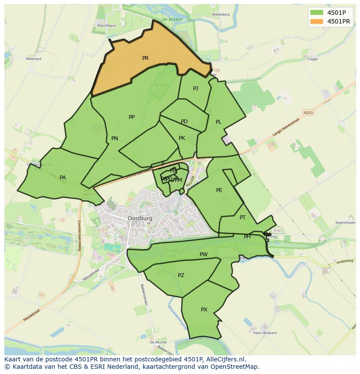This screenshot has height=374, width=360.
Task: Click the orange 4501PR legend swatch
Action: click(x=317, y=21)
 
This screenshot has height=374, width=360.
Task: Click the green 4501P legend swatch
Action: click(x=317, y=12)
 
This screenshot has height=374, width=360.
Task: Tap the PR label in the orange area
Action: click(x=145, y=58)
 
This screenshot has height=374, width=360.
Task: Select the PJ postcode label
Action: click(x=196, y=89)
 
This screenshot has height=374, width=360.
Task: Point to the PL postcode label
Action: click(x=219, y=122)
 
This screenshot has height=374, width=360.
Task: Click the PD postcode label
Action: click(x=184, y=122)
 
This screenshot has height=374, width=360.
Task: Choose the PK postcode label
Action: click(x=182, y=138)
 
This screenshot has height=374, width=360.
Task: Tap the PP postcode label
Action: click(x=132, y=117)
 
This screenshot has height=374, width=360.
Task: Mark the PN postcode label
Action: click(x=115, y=139)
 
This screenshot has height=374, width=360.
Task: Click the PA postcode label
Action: click(x=63, y=178)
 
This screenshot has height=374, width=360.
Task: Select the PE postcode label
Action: click(x=219, y=190)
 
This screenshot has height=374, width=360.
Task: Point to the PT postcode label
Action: click(x=243, y=218)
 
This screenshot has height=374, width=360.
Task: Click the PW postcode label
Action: click(x=203, y=255)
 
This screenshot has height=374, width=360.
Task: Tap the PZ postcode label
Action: click(x=181, y=275)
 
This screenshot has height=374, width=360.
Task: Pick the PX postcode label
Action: click(x=204, y=310)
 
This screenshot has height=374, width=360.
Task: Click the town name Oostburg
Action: click(x=140, y=218)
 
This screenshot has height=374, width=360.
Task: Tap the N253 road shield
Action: click(x=308, y=113)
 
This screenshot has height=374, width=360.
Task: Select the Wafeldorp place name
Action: click(x=220, y=14)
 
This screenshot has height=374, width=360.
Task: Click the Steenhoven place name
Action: click(x=345, y=223)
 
